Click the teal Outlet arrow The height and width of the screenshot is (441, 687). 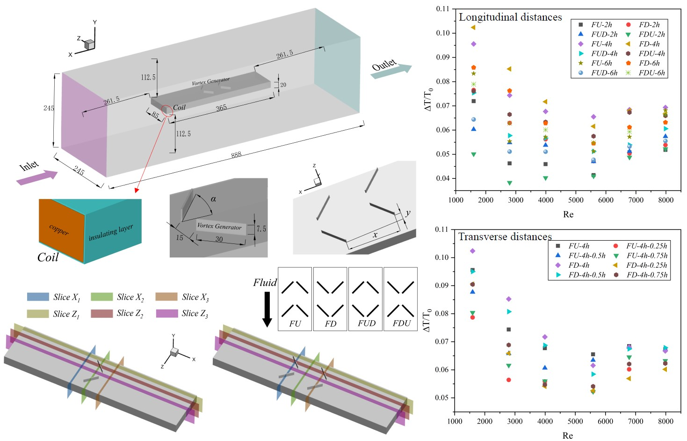pyautogui.click(x=391, y=72)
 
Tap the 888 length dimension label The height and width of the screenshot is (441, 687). pyautogui.click(x=236, y=154)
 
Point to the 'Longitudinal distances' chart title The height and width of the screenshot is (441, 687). pyautogui.click(x=510, y=17)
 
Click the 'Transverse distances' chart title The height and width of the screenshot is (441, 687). pyautogui.click(x=505, y=237)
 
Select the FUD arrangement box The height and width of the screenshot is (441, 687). pyautogui.click(x=366, y=299)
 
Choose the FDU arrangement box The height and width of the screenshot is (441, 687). pyautogui.click(x=401, y=299)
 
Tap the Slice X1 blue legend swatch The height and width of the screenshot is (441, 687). pyautogui.click(x=38, y=297)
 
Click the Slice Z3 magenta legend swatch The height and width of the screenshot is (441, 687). pyautogui.click(x=167, y=314)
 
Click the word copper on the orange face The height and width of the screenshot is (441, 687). pyautogui.click(x=59, y=229)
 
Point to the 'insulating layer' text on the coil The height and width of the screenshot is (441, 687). pyautogui.click(x=111, y=232)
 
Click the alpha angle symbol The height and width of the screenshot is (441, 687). pyautogui.click(x=213, y=199)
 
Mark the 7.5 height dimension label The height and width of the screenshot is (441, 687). pyautogui.click(x=261, y=229)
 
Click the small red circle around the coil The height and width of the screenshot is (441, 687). pyautogui.click(x=167, y=111)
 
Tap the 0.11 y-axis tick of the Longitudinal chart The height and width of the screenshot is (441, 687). pyautogui.click(x=442, y=9)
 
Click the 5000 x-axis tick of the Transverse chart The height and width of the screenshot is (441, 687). pyautogui.click(x=575, y=421)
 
